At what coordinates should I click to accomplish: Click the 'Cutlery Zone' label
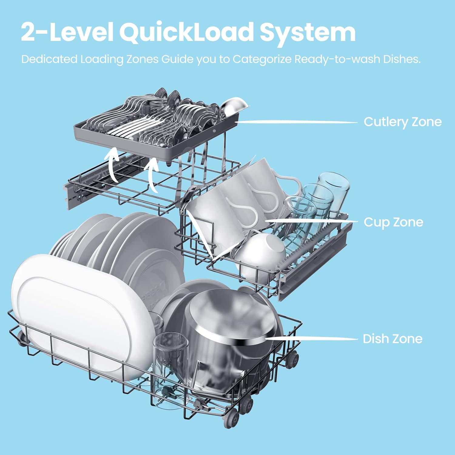(403, 122)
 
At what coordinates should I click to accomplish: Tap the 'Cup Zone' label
(393, 222)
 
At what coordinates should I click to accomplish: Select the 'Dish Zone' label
(393, 339)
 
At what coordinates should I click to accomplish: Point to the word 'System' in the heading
(308, 33)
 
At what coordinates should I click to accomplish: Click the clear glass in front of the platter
(170, 355)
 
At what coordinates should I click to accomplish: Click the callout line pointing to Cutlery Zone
(297, 122)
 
